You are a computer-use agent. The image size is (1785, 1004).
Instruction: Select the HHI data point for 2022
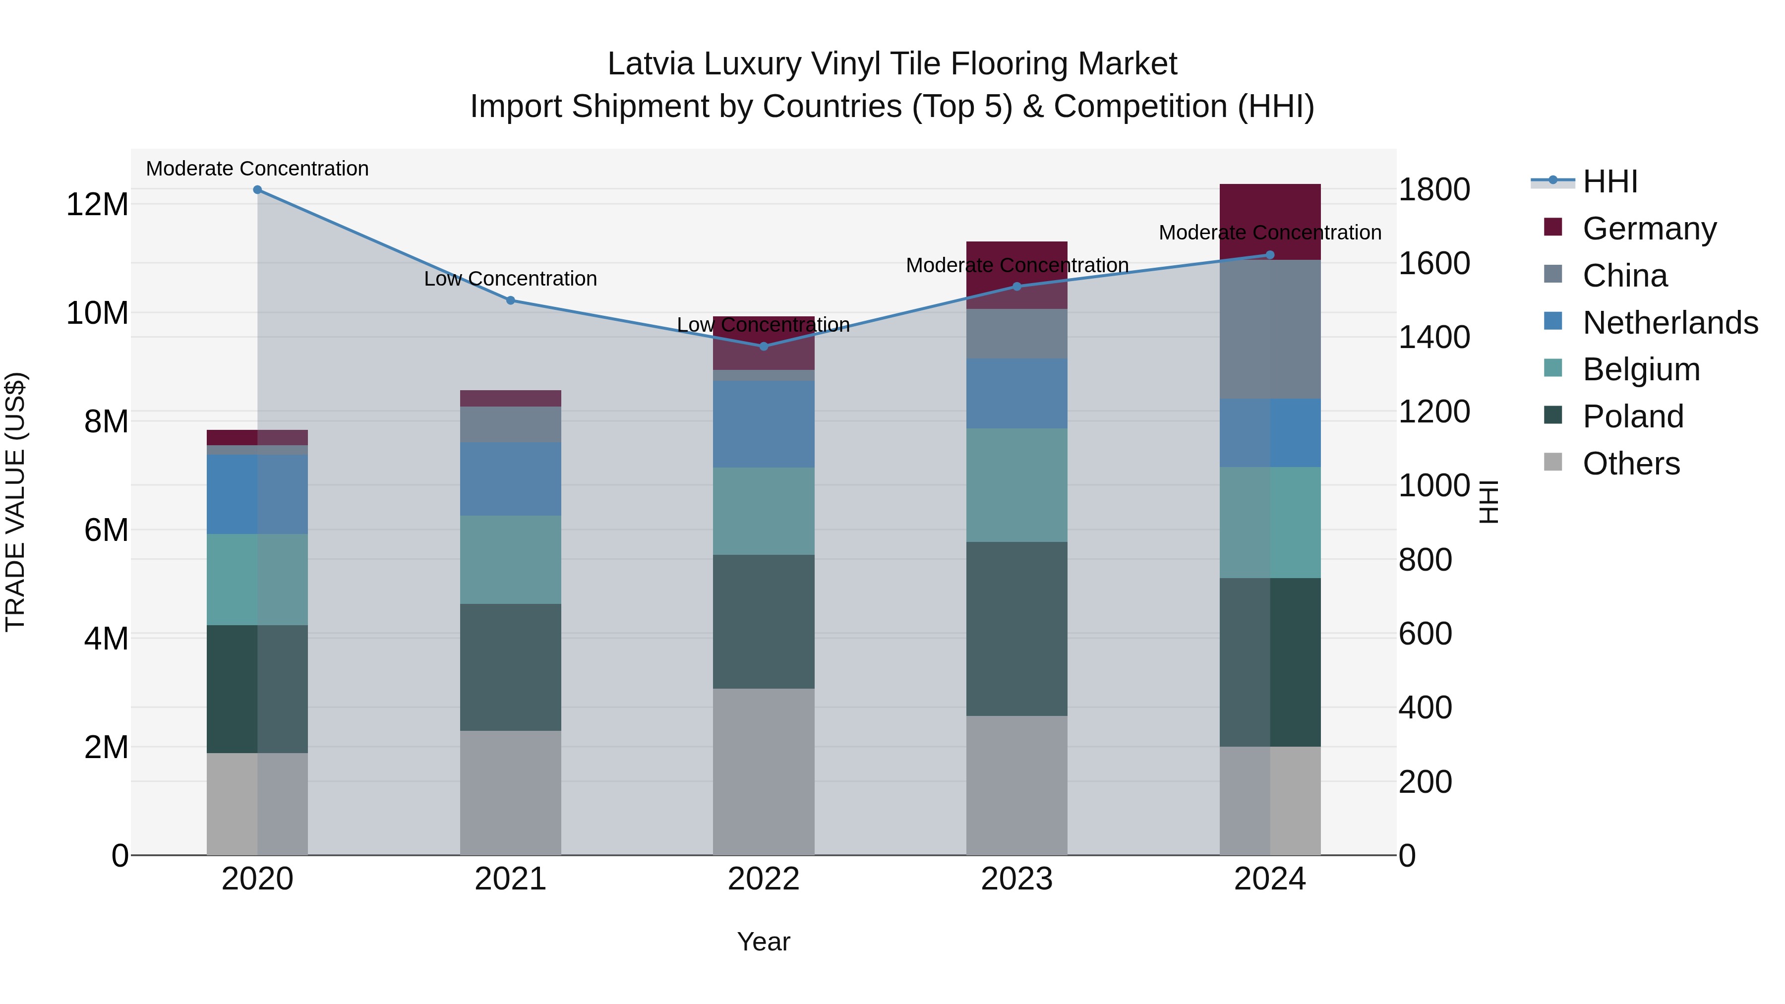pos(764,347)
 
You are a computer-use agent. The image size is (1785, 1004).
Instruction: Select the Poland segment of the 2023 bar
pos(1016,629)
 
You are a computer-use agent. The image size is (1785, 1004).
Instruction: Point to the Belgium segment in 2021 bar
pos(511,559)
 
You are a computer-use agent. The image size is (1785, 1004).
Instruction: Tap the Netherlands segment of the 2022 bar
pos(764,423)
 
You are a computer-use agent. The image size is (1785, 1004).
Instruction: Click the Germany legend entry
pos(1649,229)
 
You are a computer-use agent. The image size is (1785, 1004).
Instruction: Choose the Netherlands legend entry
pos(1670,323)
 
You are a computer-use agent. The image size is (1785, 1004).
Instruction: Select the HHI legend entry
pos(1609,181)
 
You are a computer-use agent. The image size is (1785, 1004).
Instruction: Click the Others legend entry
pos(1630,464)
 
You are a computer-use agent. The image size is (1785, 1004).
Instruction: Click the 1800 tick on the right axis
pos(1433,190)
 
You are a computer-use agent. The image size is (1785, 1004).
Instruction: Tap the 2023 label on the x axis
pos(1016,879)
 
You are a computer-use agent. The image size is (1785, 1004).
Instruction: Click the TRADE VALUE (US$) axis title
pos(15,502)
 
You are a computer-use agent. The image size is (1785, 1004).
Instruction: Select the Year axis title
pos(764,942)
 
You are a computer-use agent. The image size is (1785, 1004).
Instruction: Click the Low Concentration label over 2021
pos(511,279)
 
